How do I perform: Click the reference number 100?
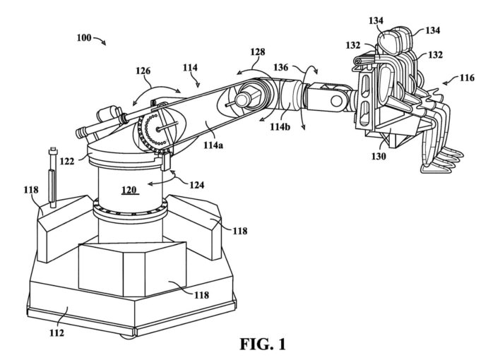(83, 37)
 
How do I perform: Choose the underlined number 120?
(129, 191)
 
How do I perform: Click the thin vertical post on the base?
(53, 176)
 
